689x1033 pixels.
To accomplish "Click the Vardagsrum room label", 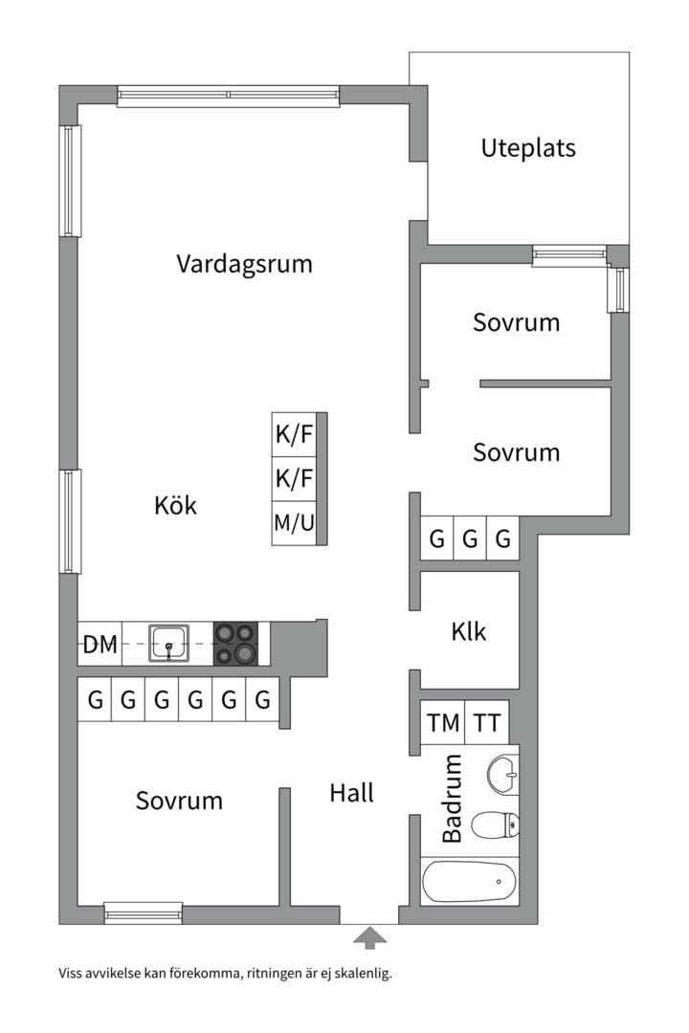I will click(244, 264).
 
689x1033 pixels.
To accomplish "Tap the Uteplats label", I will click(528, 148).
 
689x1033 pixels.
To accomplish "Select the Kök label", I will click(175, 505).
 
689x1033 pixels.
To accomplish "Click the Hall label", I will click(351, 793).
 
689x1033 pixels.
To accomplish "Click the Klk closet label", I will click(469, 631).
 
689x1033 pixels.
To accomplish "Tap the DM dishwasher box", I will click(100, 645).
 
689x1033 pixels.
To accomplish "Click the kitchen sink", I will click(168, 644).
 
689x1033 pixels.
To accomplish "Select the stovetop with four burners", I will click(235, 644).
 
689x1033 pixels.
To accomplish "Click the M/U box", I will click(294, 523).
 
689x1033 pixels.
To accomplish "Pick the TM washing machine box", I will click(443, 723).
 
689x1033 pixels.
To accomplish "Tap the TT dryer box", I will click(487, 723).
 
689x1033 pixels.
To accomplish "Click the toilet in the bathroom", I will click(499, 823).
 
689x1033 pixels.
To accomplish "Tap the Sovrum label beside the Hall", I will click(179, 801).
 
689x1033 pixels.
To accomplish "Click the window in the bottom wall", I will click(143, 913).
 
